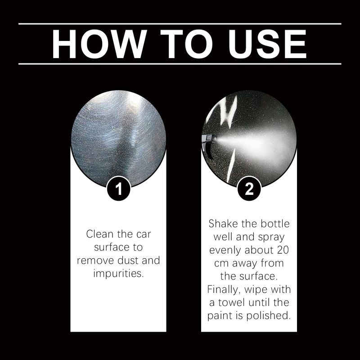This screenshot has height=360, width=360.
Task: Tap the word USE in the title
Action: [267, 44]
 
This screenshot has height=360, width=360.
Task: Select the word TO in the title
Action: [186, 44]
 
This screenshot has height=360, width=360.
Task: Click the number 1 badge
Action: [119, 189]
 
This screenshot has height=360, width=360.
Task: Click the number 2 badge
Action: [249, 189]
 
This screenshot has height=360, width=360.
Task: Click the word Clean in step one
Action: [100, 234]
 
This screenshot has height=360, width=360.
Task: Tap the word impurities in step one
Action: [118, 274]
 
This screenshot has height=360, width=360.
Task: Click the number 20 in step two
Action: [283, 250]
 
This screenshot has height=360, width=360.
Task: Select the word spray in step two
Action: [271, 238]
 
